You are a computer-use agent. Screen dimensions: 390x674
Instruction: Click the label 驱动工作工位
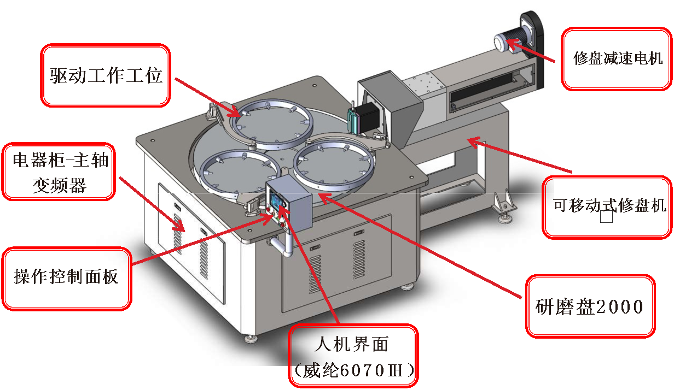(x=106, y=75)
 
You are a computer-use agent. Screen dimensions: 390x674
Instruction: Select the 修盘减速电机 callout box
(x=618, y=58)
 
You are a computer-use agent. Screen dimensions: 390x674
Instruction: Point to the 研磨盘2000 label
(x=589, y=306)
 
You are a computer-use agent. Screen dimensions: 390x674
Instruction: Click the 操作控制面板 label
(x=66, y=277)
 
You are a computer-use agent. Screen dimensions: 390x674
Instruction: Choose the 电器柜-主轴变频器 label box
(x=59, y=171)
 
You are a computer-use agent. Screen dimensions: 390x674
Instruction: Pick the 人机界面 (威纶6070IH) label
(x=353, y=356)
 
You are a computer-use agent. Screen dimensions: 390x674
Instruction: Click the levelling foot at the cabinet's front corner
(x=251, y=339)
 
